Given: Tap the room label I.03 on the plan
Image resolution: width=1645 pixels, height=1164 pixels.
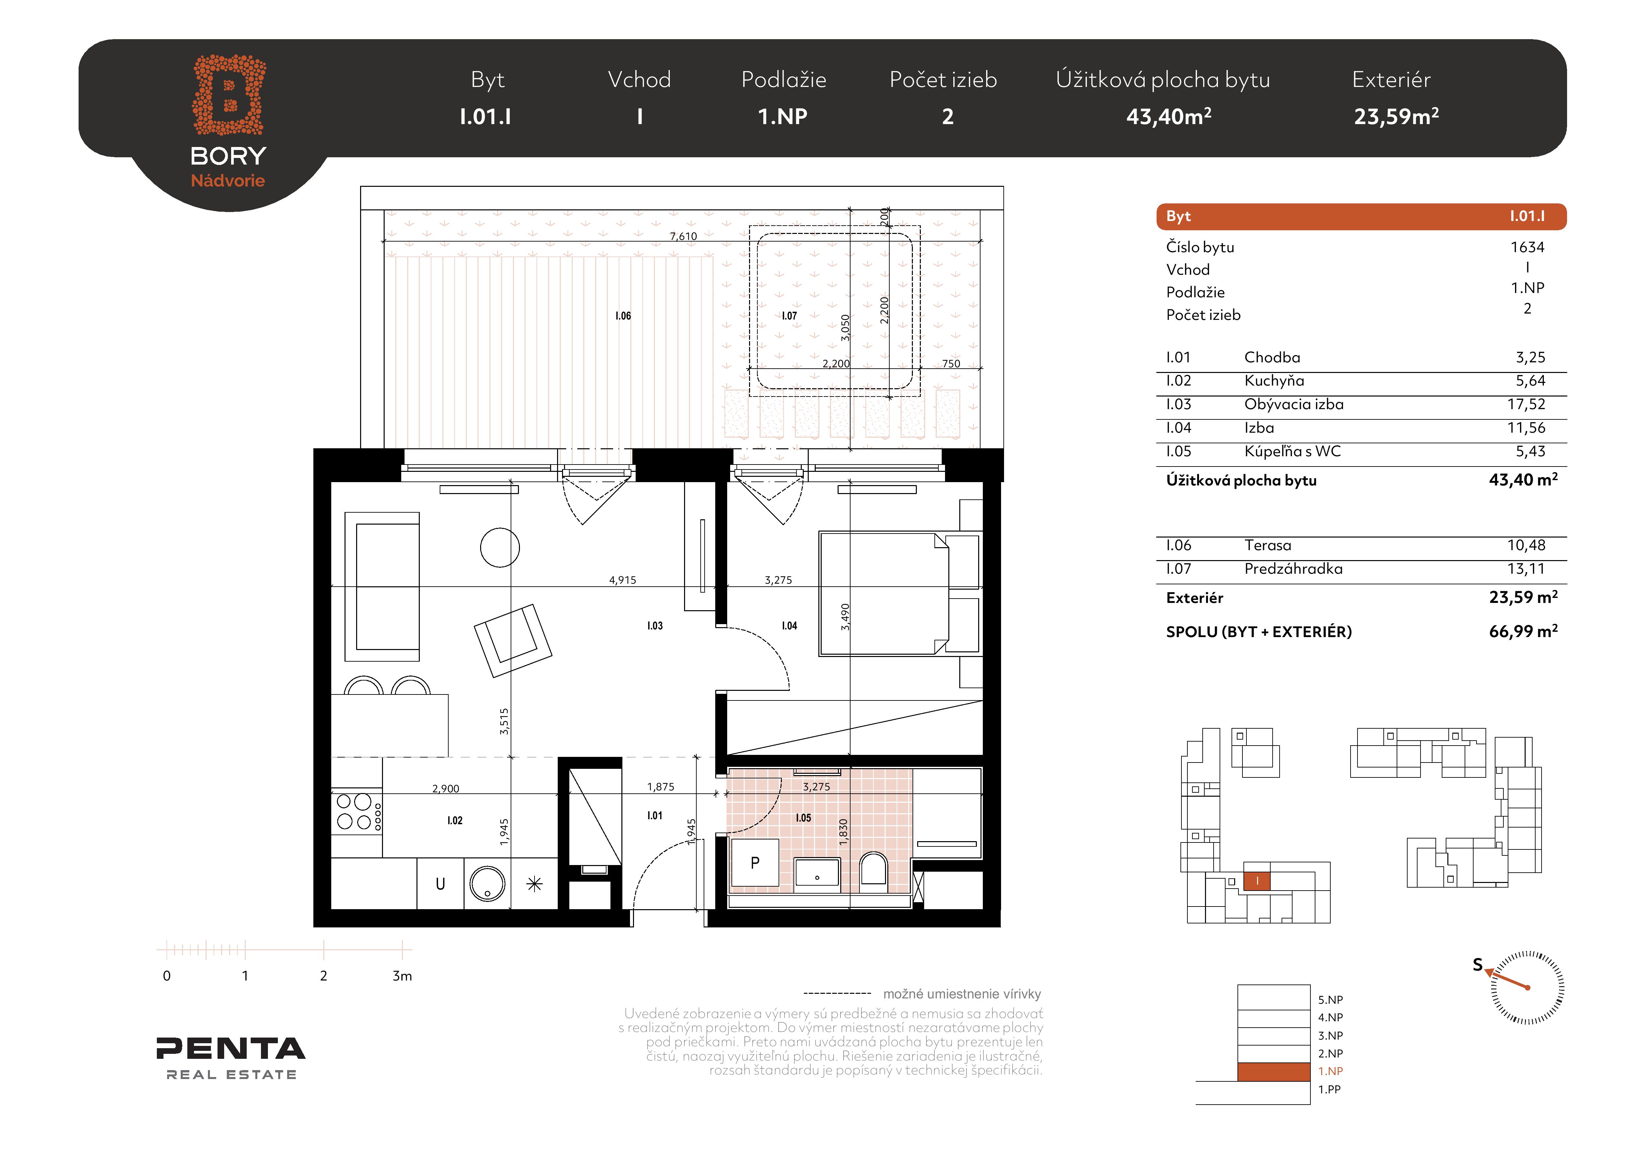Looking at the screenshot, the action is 655,626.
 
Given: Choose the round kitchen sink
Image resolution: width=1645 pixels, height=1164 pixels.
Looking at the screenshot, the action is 487,883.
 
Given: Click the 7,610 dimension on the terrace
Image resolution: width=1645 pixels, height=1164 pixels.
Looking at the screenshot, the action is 683,236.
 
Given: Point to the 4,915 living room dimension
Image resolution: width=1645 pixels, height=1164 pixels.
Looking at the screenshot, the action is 623,580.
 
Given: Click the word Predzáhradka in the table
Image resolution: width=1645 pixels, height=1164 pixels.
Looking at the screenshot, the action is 1293,568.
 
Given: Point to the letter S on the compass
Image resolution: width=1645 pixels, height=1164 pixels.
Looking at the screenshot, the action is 1477,965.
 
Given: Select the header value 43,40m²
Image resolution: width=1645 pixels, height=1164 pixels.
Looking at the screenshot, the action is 1169,116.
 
